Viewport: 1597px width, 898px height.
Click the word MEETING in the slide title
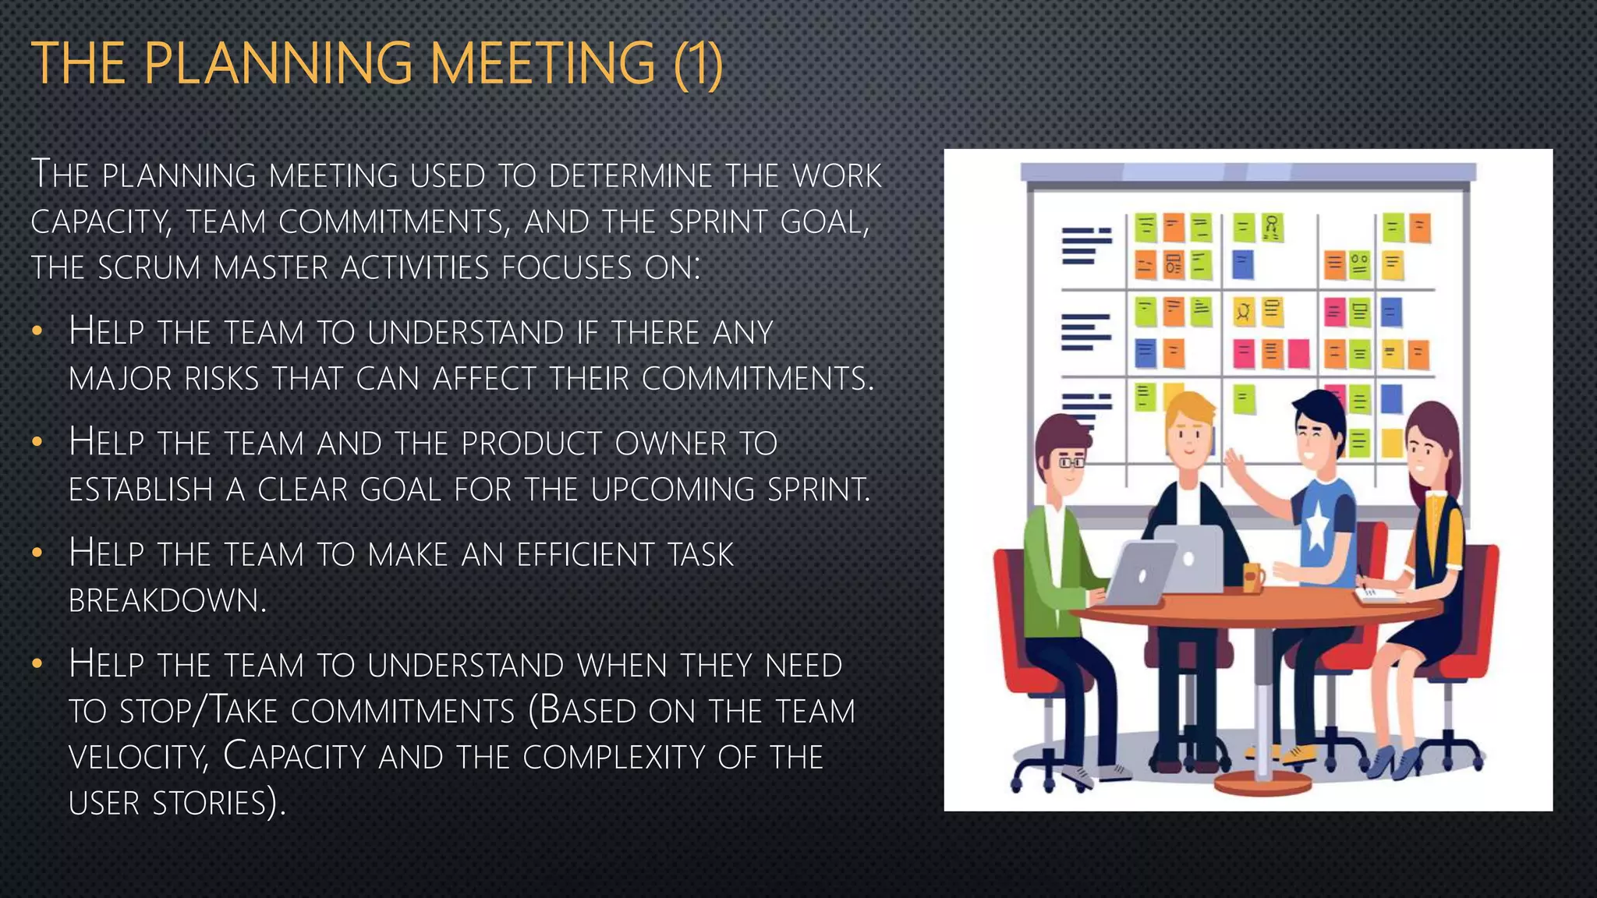542,64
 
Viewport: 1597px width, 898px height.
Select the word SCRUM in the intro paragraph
149,268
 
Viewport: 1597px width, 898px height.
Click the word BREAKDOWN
167,600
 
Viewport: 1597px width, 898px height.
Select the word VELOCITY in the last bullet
138,757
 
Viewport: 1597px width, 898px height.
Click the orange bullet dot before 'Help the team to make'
36,553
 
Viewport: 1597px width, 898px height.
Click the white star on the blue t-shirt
1317,529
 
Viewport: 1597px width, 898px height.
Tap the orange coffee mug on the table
1253,578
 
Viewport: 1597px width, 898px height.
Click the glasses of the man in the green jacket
1071,462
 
